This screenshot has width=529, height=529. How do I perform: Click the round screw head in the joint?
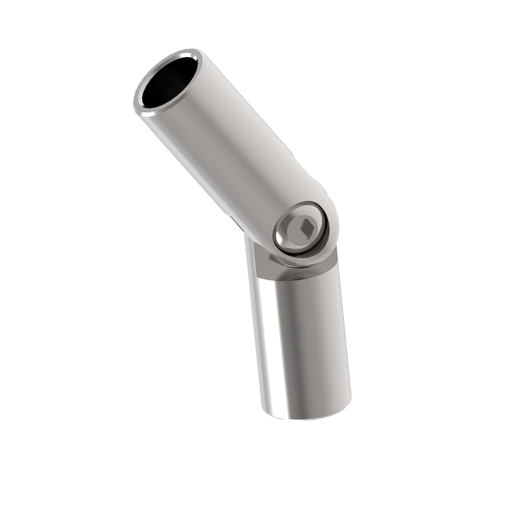pyautogui.click(x=299, y=228)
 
